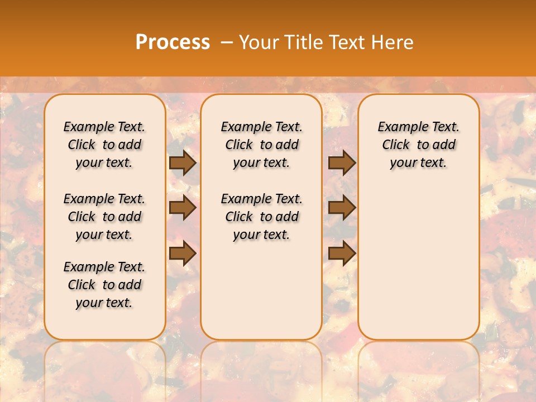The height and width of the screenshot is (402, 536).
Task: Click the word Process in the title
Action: pyautogui.click(x=173, y=42)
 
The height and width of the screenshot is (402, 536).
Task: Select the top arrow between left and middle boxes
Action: pyautogui.click(x=183, y=162)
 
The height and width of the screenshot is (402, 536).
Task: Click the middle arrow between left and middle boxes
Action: pyautogui.click(x=183, y=208)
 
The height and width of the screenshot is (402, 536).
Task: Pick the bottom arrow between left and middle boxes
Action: pyautogui.click(x=183, y=253)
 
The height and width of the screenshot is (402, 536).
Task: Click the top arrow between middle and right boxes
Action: pyautogui.click(x=342, y=162)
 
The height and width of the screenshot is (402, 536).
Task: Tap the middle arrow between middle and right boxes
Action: pyautogui.click(x=342, y=208)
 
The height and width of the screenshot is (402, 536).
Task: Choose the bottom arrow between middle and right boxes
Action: pyautogui.click(x=342, y=253)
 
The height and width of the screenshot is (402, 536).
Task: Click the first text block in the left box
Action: pyautogui.click(x=104, y=145)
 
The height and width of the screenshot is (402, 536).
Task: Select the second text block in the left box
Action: pyautogui.click(x=104, y=217)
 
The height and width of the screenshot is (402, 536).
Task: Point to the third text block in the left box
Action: pyautogui.click(x=104, y=285)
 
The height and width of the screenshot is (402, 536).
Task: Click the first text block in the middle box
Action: pyautogui.click(x=261, y=145)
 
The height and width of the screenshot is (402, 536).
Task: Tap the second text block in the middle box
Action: pyautogui.click(x=261, y=217)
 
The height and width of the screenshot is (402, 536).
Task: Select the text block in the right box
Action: pyautogui.click(x=419, y=145)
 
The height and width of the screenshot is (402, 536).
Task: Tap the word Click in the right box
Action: pyautogui.click(x=396, y=145)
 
